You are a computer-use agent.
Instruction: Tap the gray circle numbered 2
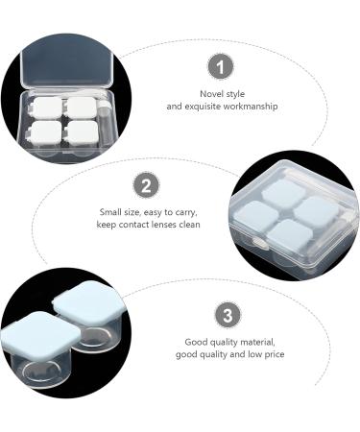pos(144,185)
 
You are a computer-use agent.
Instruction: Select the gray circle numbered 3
pos(227,315)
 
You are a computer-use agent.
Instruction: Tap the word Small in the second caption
pos(109,212)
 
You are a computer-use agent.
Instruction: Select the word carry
pos(182,212)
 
